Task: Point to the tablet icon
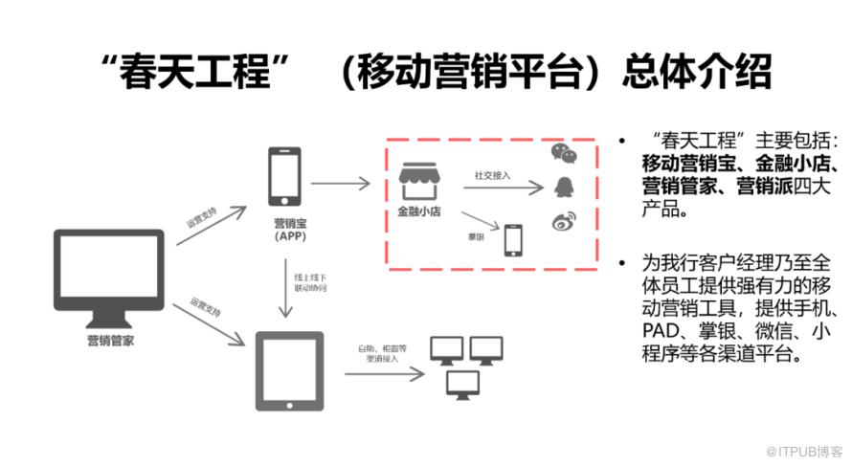pyautogui.click(x=288, y=369)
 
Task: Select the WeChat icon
pyautogui.click(x=564, y=153)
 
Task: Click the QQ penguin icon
pyautogui.click(x=562, y=186)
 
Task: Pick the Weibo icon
pyautogui.click(x=562, y=222)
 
